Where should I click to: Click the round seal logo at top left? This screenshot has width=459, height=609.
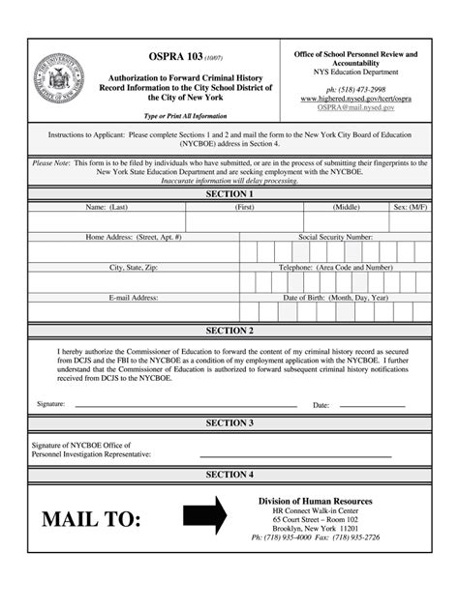(x=59, y=78)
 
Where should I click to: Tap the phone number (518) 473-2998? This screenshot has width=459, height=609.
(x=355, y=88)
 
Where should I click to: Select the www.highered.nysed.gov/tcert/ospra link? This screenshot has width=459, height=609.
(x=355, y=99)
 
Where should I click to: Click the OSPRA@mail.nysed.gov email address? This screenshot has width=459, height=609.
(x=355, y=108)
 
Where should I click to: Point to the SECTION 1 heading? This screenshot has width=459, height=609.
(x=229, y=194)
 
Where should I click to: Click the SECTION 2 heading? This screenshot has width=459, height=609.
(x=229, y=331)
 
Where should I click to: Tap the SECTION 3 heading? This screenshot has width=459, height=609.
(x=229, y=422)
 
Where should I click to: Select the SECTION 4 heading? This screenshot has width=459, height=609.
(x=229, y=475)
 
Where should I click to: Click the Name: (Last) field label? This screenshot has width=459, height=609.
(x=107, y=207)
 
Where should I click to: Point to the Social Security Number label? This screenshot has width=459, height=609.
(x=335, y=237)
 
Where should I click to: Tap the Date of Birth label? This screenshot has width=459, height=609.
(x=335, y=298)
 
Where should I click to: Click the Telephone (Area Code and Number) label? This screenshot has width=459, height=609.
(x=335, y=267)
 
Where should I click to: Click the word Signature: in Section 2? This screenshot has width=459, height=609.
(x=50, y=403)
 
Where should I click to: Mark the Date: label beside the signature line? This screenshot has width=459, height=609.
(x=321, y=405)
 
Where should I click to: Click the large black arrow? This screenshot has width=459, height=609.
(x=204, y=515)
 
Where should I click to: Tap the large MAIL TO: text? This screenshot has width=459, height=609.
(x=91, y=519)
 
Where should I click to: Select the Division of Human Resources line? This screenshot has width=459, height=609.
(x=315, y=501)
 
